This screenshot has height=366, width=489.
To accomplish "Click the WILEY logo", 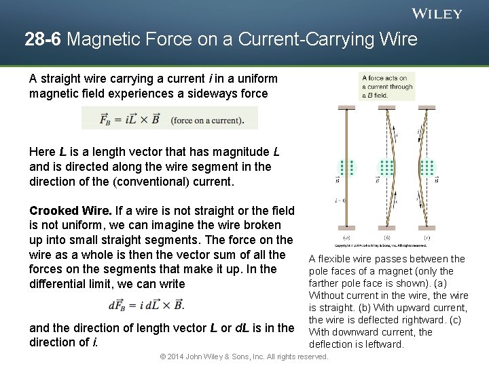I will coord(437,14).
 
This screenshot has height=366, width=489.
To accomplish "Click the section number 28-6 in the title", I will coord(43,40).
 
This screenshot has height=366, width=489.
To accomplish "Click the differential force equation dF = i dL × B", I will coord(146,305).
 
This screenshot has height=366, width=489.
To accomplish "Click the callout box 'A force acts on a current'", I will coord(387,87).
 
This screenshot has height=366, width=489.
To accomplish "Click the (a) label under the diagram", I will coord(346,238).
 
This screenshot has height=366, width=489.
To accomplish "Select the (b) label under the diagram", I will coord(386,238).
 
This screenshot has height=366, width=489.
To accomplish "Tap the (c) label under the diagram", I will coord(427,238).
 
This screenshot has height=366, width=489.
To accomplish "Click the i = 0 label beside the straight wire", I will coord(340,201).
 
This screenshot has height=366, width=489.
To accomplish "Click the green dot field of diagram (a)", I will coord(347,167).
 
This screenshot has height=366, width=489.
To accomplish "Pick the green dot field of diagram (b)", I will coord(387,167).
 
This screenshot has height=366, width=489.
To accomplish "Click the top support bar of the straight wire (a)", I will coord(347,107).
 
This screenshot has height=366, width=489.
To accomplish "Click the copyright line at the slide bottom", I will coord(244,357).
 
